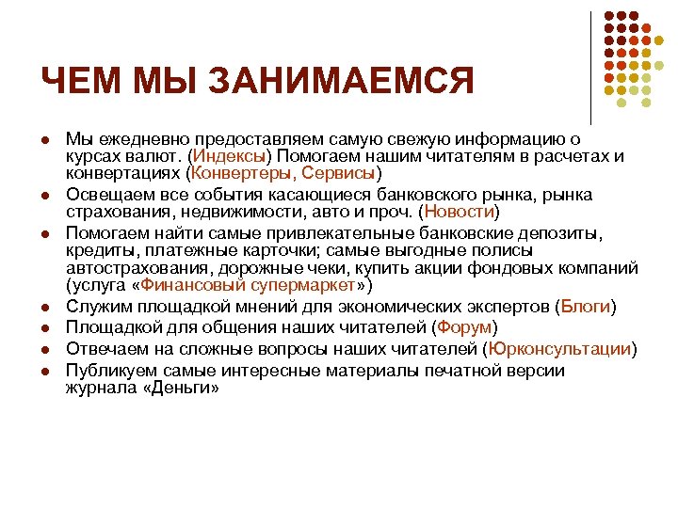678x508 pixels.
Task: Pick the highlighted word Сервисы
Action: tap(343, 173)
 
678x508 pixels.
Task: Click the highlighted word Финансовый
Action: tap(195, 284)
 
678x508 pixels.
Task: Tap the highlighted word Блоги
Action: tap(586, 307)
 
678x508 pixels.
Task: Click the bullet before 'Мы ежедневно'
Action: tap(44, 139)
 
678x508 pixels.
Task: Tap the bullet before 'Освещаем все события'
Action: tap(44, 195)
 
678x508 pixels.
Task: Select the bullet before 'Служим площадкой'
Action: tap(44, 307)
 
